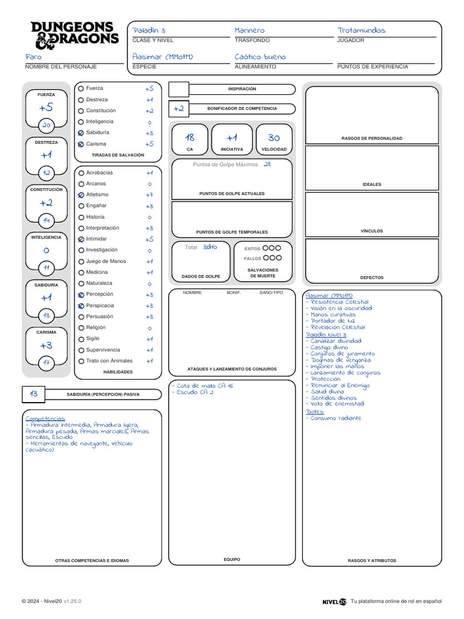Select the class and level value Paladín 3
click(149, 30)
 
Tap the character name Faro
click(33, 57)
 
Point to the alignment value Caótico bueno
click(260, 57)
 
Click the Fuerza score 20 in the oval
click(47, 125)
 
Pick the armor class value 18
click(190, 138)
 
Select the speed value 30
click(274, 138)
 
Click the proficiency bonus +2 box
click(179, 109)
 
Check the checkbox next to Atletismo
click(81, 195)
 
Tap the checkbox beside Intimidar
click(81, 239)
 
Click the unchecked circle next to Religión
click(81, 328)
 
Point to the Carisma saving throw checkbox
click(81, 144)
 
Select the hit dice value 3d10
click(210, 247)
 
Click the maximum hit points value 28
click(267, 164)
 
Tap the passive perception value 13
click(33, 394)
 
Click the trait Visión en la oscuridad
click(341, 308)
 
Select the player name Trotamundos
click(361, 30)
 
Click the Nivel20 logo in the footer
click(334, 601)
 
